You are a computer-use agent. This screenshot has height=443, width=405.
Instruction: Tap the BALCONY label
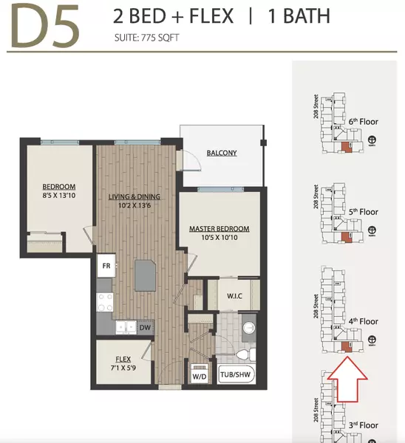point(222,153)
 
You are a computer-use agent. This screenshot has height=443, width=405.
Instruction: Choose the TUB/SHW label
point(235,373)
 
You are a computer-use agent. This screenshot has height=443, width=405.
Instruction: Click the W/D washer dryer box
point(198,374)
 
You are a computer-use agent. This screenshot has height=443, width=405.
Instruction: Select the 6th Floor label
point(363,123)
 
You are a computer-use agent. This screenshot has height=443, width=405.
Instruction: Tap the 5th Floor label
point(363,212)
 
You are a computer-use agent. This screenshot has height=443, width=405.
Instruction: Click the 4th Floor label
point(363,321)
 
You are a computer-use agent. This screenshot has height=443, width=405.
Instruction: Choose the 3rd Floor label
point(363,425)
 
